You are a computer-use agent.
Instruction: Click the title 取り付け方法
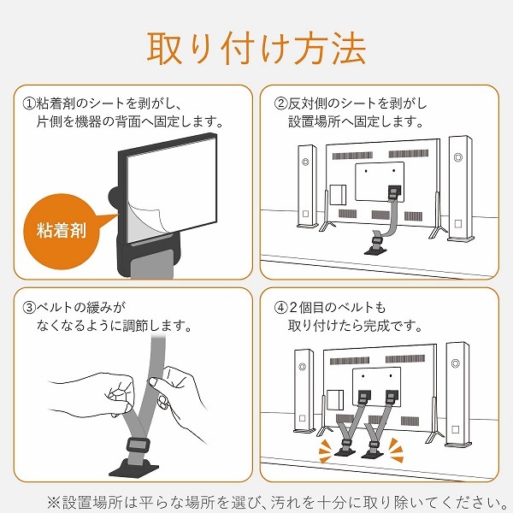pos(256,49)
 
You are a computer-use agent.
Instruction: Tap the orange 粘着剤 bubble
pos(62,232)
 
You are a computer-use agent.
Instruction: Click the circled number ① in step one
pos(29,103)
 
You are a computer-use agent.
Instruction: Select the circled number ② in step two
pos(280,103)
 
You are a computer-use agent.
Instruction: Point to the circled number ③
pos(29,308)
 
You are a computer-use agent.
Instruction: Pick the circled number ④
pos(280,308)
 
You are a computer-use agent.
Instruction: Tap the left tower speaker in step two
pos(307,186)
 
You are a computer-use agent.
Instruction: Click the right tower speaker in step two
pos(460,188)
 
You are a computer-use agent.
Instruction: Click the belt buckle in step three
pos(138,445)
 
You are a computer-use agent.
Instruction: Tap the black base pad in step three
pos(133,467)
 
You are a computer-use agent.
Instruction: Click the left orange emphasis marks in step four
pos(327,451)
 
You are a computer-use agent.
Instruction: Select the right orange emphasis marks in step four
pos(395,451)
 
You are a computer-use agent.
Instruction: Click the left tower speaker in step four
pos(304,392)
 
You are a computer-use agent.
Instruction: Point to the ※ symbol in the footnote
pos(54,503)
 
